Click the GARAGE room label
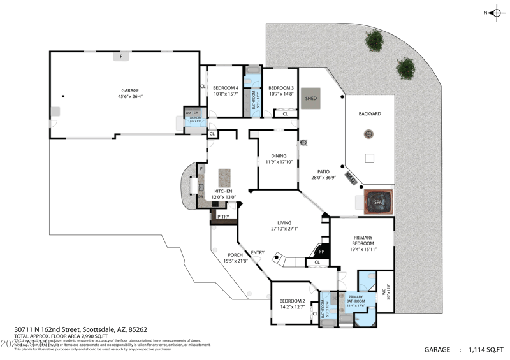(x=128, y=90)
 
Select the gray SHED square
(x=311, y=98)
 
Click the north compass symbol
(x=495, y=13)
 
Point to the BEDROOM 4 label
(x=226, y=88)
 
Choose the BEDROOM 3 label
(x=280, y=88)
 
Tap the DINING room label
(x=279, y=155)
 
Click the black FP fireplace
(x=321, y=251)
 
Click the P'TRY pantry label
(x=223, y=217)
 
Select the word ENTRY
(x=258, y=252)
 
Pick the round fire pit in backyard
(x=368, y=134)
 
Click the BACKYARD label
(x=370, y=113)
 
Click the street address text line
(x=80, y=329)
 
